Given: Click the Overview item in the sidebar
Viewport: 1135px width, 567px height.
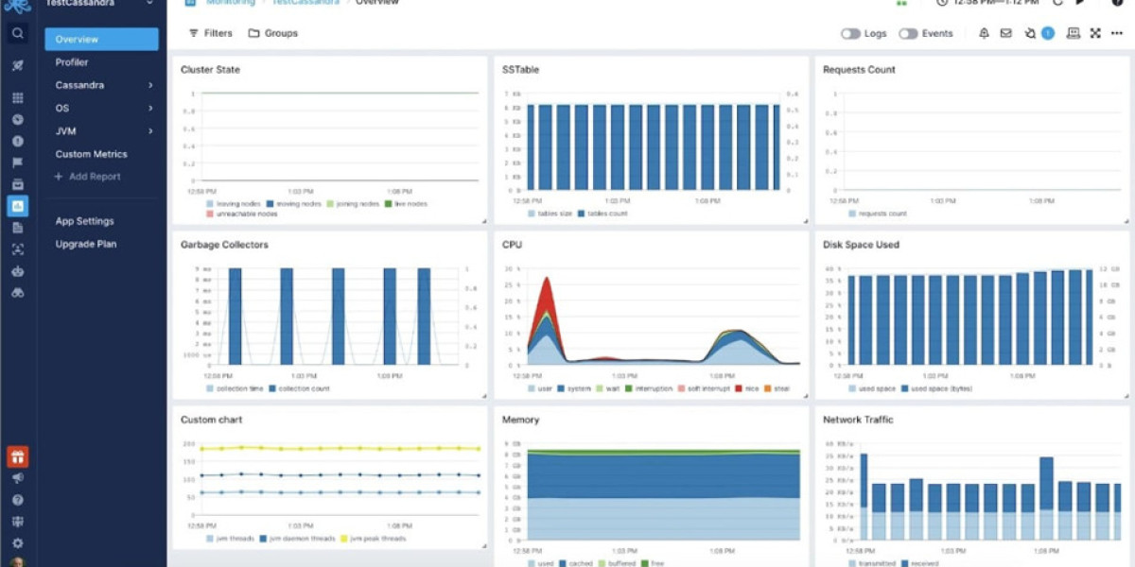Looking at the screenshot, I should pos(100,39).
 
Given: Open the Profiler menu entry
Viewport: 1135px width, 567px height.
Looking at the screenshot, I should pos(72,62).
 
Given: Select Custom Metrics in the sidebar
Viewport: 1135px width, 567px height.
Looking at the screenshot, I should pos(91,154).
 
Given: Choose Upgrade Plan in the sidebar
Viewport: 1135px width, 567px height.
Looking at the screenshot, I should pos(85,244).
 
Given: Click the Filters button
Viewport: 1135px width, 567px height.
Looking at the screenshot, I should pos(210,33).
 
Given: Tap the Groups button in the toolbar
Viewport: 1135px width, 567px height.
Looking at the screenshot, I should pos(273,33).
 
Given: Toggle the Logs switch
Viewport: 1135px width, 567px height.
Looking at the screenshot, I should pos(851,33).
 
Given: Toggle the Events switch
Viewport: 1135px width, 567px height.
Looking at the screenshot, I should pos(908,33).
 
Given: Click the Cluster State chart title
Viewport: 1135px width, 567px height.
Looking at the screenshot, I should pos(210,70).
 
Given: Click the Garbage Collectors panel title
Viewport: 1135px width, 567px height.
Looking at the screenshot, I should pos(224,245).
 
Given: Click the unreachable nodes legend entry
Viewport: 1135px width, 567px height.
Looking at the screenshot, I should pos(249,214).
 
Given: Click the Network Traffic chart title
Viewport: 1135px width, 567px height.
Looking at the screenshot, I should pos(858,420).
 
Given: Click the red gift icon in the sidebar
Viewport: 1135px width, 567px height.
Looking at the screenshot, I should pos(17,457).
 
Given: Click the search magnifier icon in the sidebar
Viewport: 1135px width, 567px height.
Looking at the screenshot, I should pos(17,34).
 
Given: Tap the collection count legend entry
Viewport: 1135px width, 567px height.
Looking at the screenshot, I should pos(300,388).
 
